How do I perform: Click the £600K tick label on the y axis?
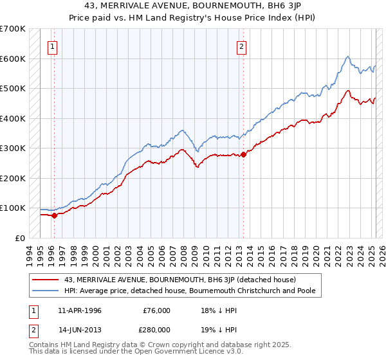point(13,59)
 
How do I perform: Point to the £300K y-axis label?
point(13,148)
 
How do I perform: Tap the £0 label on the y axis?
point(21,238)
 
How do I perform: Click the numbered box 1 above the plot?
point(51,46)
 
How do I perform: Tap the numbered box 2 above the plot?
point(241,46)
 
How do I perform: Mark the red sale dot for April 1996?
point(54,215)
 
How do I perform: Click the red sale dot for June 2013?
point(244,154)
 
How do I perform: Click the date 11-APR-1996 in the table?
point(80,310)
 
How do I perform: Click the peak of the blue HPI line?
point(347,57)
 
